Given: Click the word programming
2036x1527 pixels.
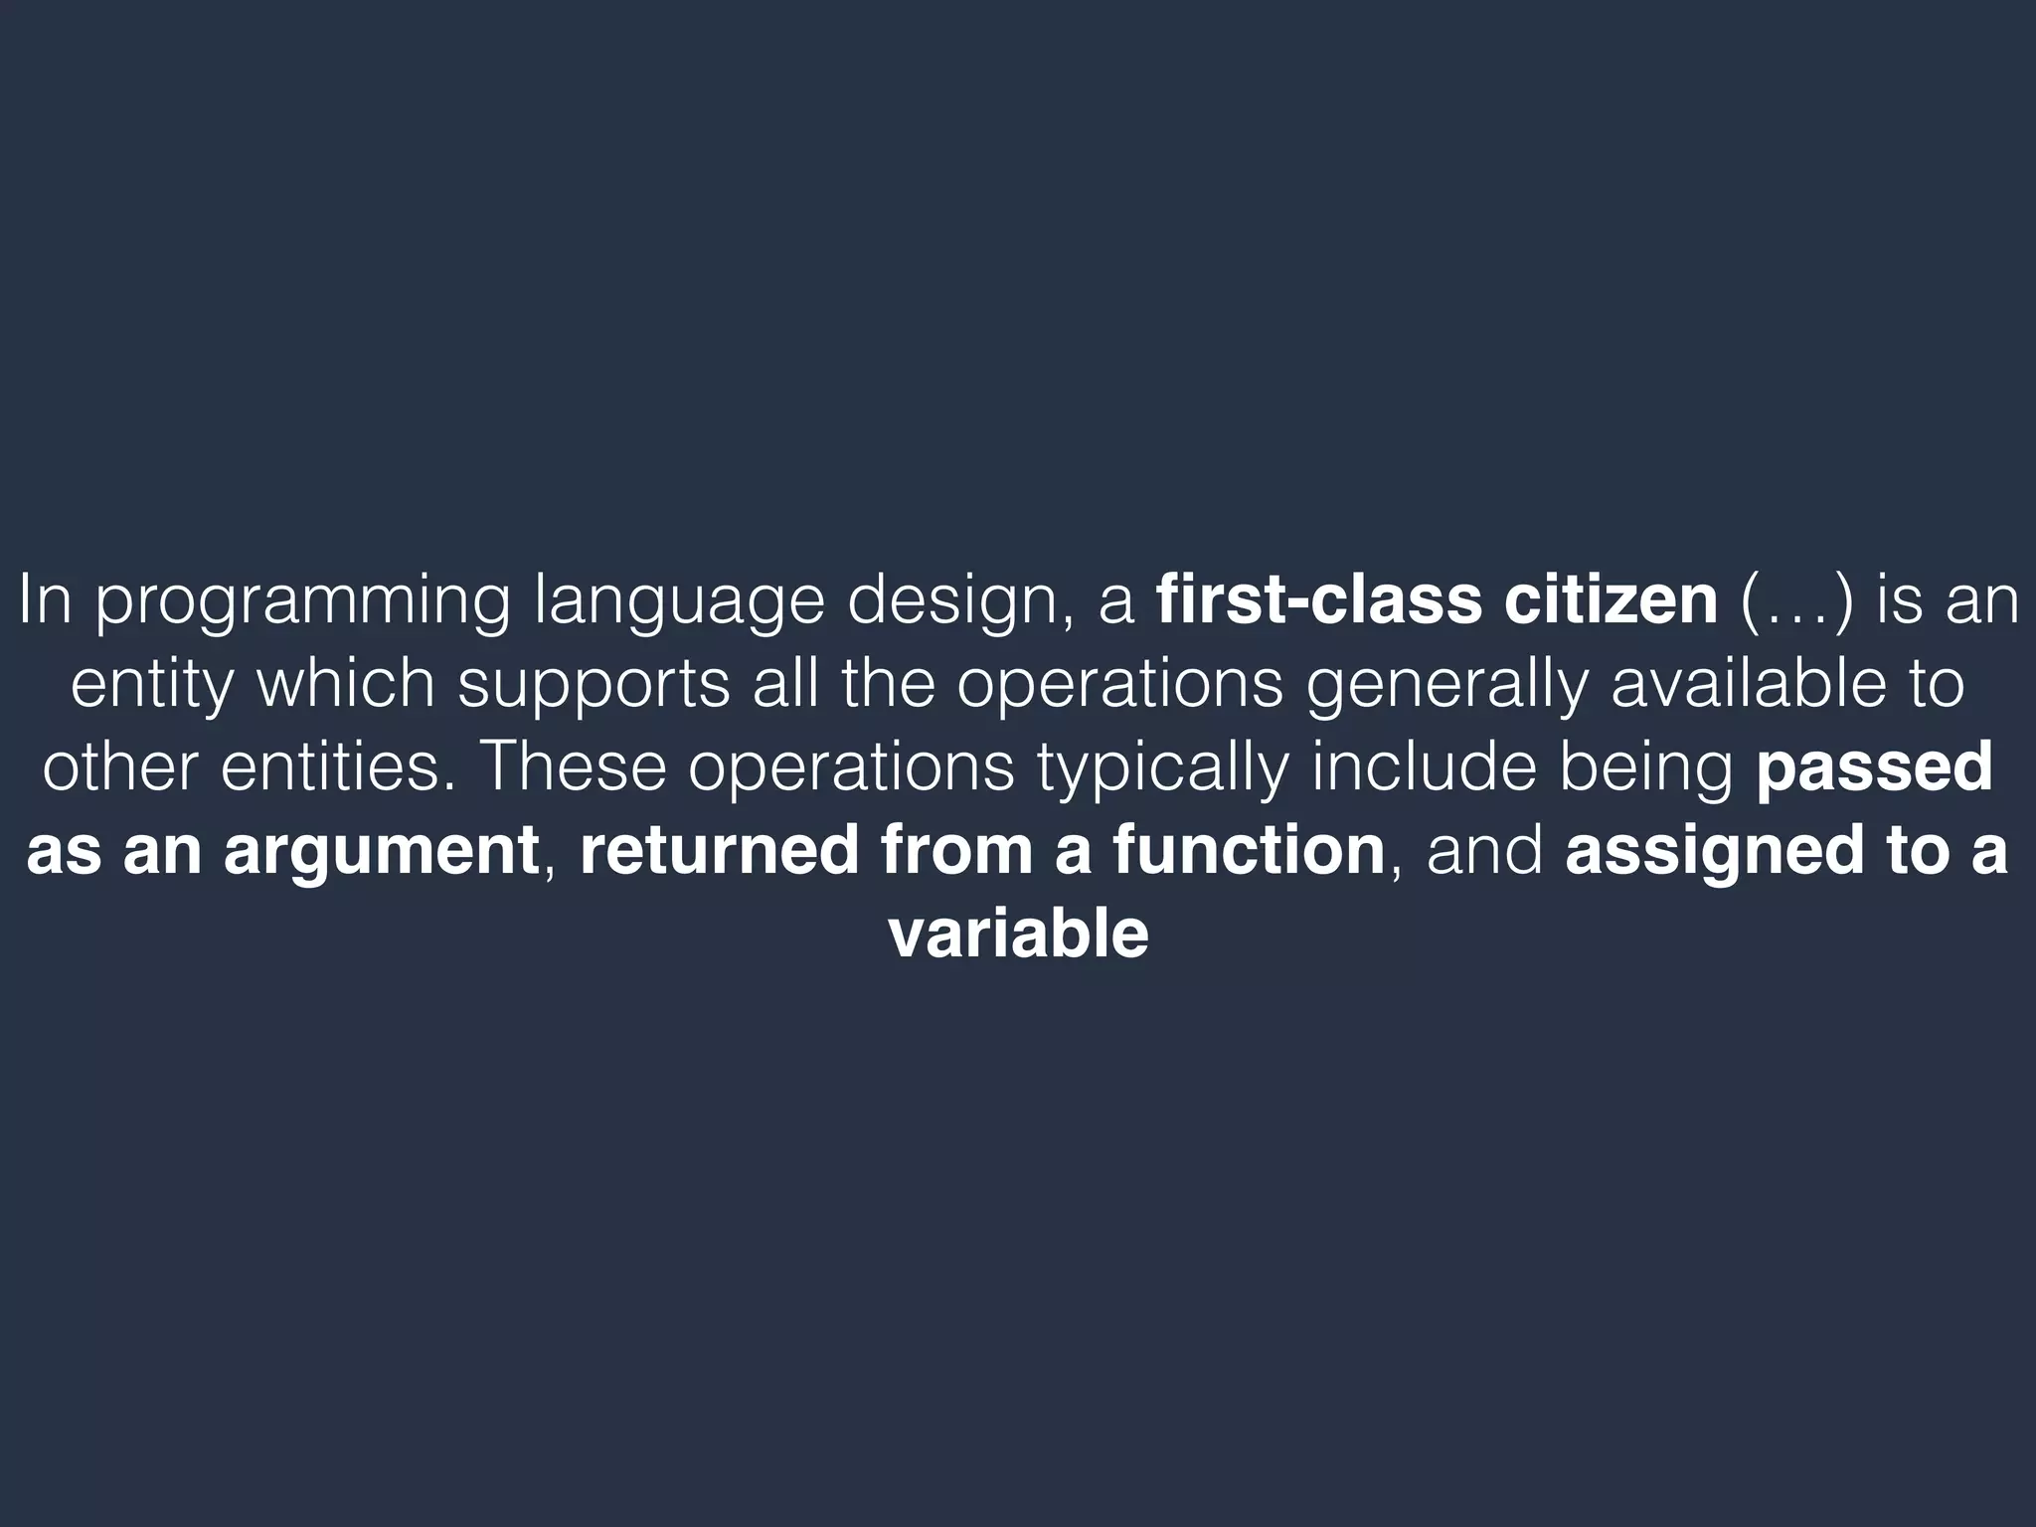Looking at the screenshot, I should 302,603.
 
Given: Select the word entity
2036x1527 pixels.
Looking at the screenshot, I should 155,686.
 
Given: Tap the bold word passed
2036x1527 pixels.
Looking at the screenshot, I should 1875,767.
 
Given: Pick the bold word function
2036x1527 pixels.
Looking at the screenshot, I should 1249,851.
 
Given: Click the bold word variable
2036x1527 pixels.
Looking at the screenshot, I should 1018,934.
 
